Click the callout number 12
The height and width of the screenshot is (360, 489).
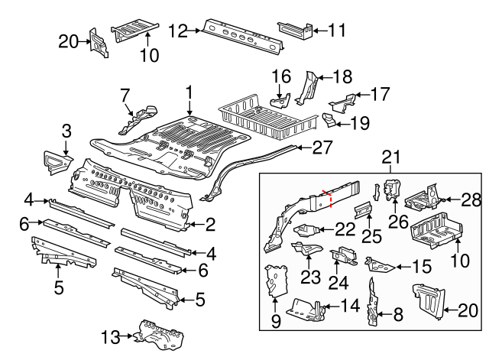177,31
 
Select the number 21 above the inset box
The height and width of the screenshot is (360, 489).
391,158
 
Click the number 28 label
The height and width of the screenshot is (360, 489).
471,200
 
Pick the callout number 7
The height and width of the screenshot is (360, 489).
125,95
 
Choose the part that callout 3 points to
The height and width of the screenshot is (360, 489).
55,161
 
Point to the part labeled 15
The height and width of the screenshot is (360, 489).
380,264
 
